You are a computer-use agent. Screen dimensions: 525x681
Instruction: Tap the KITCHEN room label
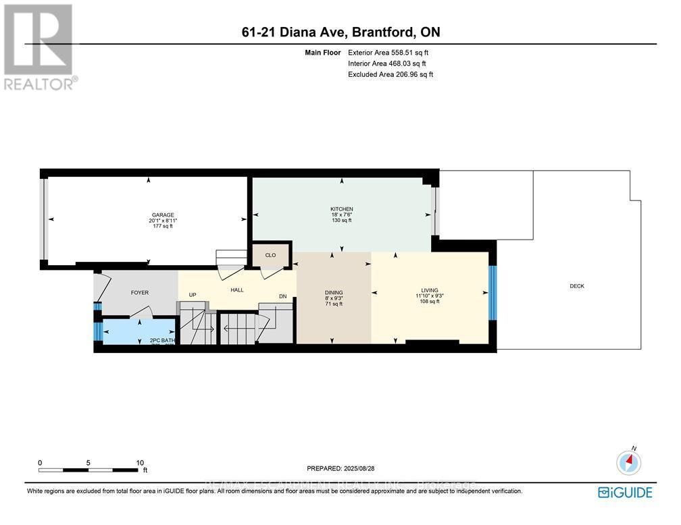pos(342,209)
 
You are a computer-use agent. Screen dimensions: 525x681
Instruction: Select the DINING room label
pos(334,292)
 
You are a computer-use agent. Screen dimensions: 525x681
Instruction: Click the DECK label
pos(576,286)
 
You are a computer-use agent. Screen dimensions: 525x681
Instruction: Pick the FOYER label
pos(139,292)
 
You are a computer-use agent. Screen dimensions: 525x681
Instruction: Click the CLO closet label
pos(270,256)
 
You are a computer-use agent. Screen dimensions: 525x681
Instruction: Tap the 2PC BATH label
pos(162,341)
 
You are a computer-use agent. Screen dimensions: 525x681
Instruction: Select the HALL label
pos(236,290)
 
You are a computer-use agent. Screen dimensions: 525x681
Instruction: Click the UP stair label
pos(193,295)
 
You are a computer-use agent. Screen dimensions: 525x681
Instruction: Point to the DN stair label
pos(283,296)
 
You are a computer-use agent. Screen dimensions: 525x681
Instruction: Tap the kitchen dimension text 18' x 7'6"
pos(342,215)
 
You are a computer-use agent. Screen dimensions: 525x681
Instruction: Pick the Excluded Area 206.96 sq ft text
pos(390,74)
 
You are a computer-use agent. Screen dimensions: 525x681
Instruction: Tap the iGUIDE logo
pos(626,492)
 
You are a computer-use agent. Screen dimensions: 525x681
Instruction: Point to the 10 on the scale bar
pos(140,463)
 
